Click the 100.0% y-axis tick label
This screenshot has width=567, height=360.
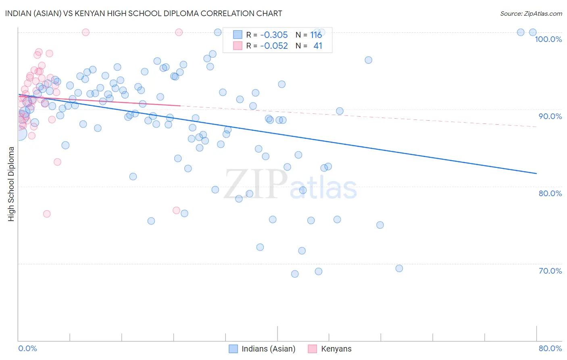(x=548, y=39)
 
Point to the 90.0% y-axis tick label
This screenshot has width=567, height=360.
(x=550, y=116)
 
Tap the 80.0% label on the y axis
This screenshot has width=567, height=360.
(x=550, y=193)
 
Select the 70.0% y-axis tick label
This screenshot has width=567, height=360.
(x=550, y=271)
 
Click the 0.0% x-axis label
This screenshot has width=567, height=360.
(x=27, y=348)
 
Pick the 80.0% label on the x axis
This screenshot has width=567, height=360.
(x=550, y=348)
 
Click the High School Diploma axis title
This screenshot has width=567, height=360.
(x=11, y=184)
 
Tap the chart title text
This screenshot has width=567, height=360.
(x=144, y=13)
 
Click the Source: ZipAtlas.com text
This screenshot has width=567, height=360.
(x=531, y=13)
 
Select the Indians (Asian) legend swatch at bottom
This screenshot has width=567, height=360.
(x=233, y=349)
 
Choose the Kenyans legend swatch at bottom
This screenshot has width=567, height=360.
(x=313, y=349)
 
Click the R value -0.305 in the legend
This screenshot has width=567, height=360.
(x=274, y=35)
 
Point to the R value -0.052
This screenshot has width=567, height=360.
(x=274, y=46)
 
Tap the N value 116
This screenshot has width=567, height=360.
(x=316, y=35)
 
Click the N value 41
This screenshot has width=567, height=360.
(x=318, y=46)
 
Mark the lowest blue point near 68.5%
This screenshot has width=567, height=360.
(x=295, y=274)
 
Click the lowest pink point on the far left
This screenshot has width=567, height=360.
(x=47, y=214)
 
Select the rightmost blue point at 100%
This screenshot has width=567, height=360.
(x=533, y=32)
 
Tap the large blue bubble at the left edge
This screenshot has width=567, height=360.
(x=19, y=133)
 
